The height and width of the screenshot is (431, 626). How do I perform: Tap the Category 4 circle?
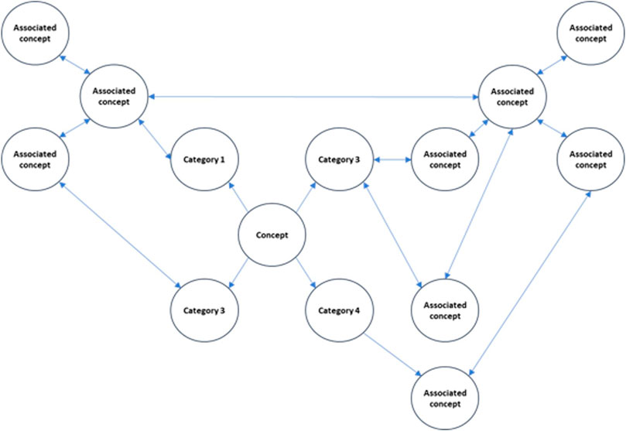(x=339, y=311)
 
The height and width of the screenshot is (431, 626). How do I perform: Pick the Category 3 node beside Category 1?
(x=339, y=160)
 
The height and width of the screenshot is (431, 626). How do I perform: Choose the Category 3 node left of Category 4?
(x=204, y=311)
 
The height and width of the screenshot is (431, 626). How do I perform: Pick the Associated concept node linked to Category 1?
(x=115, y=97)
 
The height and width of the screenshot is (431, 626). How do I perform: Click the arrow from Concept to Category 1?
(x=236, y=197)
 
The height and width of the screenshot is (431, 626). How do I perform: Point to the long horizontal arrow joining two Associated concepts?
(x=313, y=97)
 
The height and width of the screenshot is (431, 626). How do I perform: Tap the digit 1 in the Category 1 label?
(x=223, y=160)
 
